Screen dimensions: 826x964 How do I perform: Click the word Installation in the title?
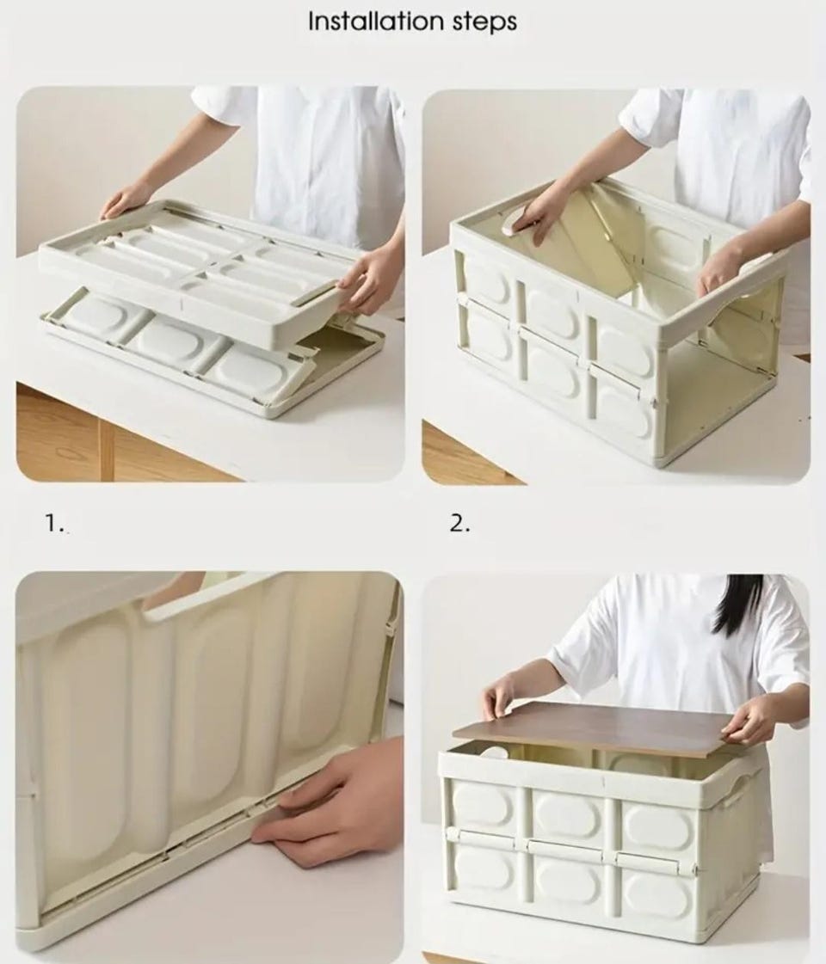click(376, 21)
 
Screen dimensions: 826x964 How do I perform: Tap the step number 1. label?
click(55, 523)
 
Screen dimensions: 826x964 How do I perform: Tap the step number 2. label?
click(460, 524)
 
